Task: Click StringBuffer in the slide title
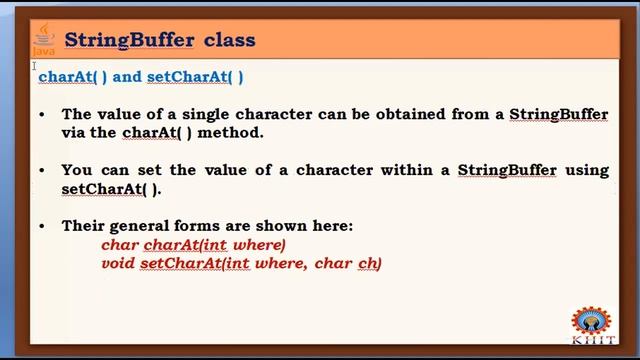[x=129, y=41]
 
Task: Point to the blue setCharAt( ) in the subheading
[x=195, y=76]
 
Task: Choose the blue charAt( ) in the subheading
[x=73, y=76]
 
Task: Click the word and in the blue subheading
[x=127, y=76]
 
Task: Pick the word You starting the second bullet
[x=78, y=170]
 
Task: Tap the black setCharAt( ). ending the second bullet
[x=111, y=189]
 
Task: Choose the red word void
[x=118, y=263]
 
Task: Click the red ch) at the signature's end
[x=370, y=263]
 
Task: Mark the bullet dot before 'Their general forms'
[x=41, y=226]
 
